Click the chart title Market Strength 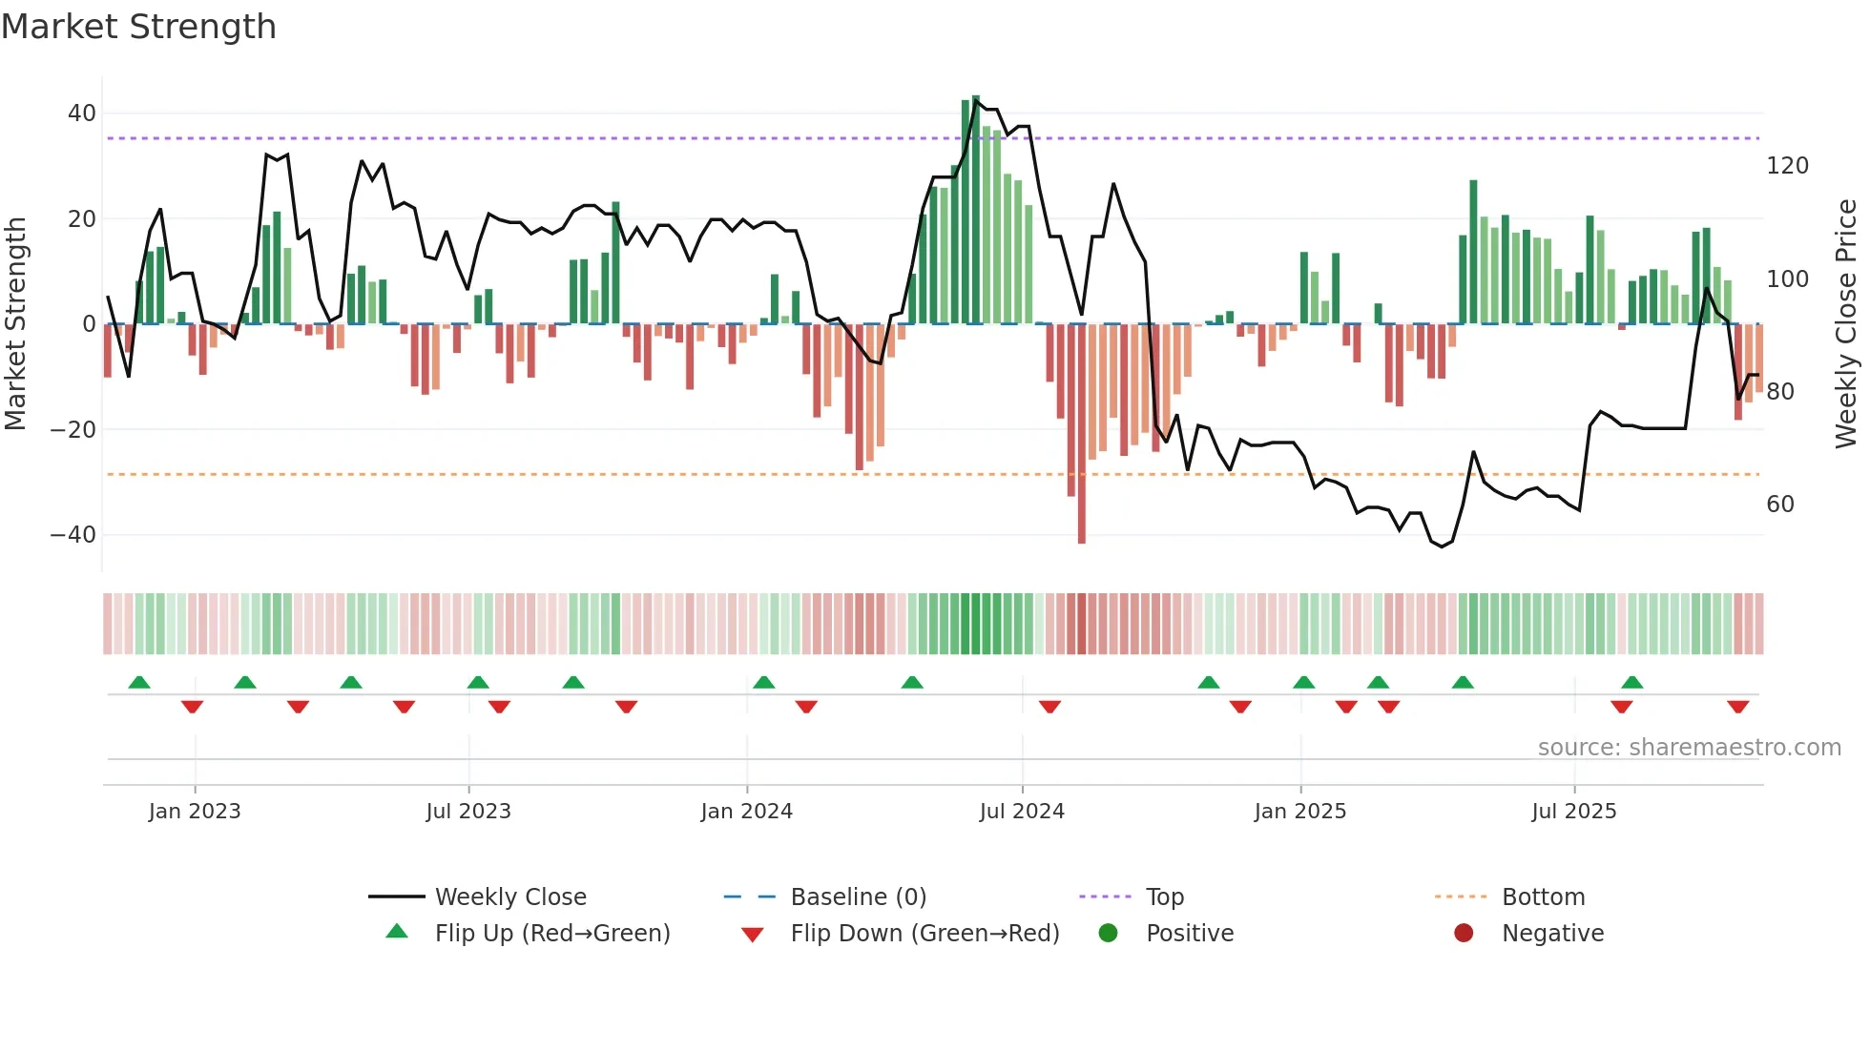[138, 27]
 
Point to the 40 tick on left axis [82, 113]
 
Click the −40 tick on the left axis [73, 535]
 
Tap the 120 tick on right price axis [1787, 166]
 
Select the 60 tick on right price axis [1780, 505]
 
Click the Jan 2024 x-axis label [746, 812]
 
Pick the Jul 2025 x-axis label [1573, 812]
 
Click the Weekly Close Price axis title [1846, 324]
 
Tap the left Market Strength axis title [15, 324]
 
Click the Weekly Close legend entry [509, 897]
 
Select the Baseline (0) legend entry [858, 897]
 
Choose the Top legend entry [1164, 897]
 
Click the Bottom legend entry [1543, 897]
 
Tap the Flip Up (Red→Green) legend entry [551, 934]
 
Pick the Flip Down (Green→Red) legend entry [924, 934]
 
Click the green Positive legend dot [1108, 933]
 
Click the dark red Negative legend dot [1464, 933]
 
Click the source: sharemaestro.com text [1689, 748]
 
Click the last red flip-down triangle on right [1737, 707]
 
